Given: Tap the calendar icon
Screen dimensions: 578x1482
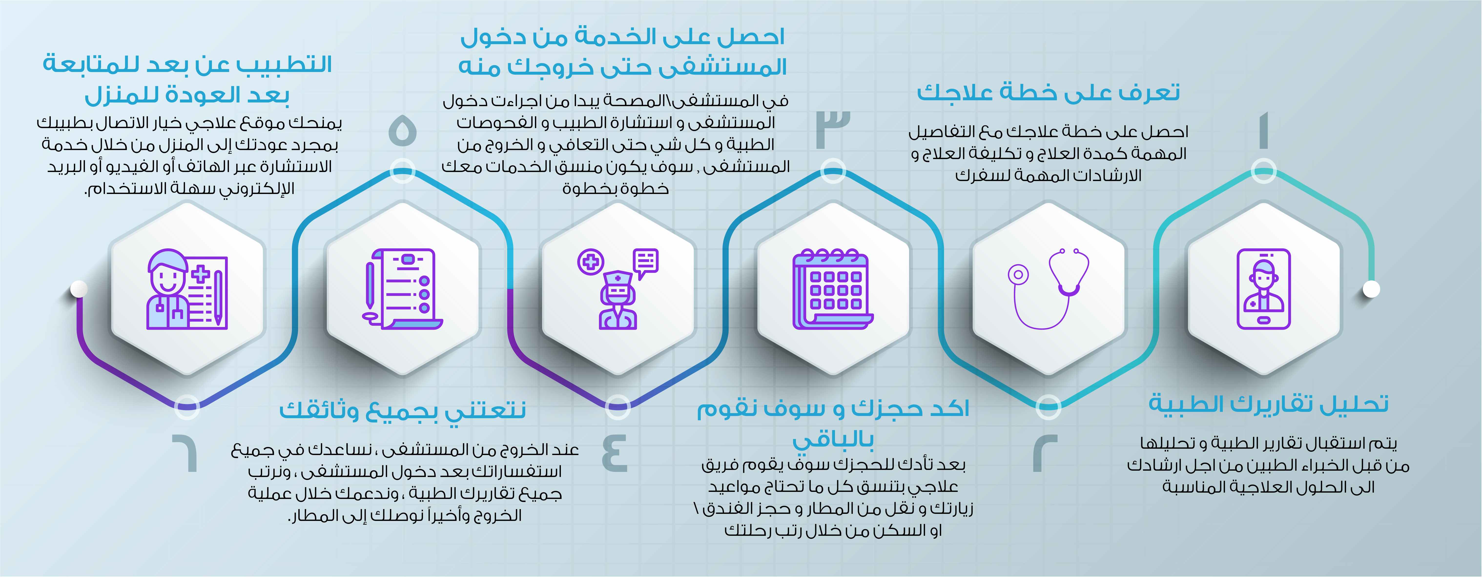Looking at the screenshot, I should (x=833, y=289).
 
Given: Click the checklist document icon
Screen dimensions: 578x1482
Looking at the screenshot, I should (x=403, y=289).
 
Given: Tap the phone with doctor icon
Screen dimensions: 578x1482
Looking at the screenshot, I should (x=1263, y=289).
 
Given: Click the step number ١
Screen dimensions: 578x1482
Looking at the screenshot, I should (x=1263, y=131).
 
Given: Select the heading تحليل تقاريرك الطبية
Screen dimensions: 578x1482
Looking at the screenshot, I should (x=1269, y=404).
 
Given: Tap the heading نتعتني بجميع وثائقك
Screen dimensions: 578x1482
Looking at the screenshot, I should (x=403, y=410).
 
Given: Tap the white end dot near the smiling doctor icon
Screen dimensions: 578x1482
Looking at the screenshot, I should (x=79, y=289).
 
